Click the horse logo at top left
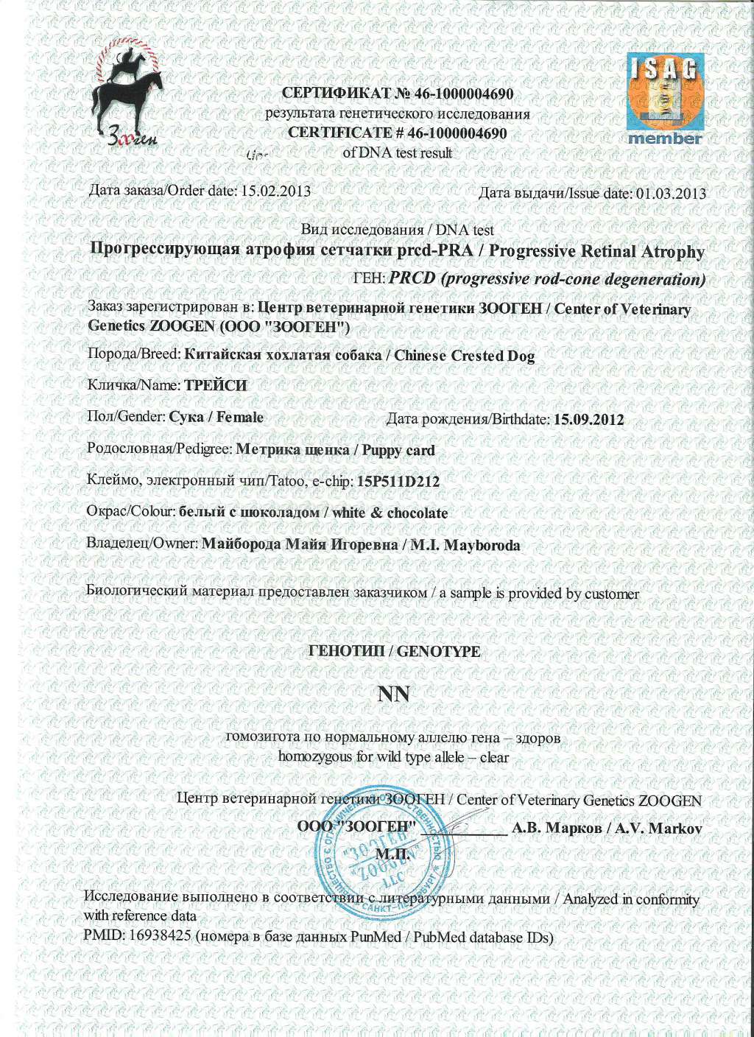coord(129,96)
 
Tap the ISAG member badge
coord(666,99)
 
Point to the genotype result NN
coord(392,694)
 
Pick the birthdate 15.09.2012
coord(588,420)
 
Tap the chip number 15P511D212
coord(398,482)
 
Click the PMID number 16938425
coord(161,936)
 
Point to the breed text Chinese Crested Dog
coord(464,356)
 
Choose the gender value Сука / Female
coord(216,417)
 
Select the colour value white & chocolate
coord(390,513)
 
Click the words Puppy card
coord(398,450)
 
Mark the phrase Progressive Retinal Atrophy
coord(596,251)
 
